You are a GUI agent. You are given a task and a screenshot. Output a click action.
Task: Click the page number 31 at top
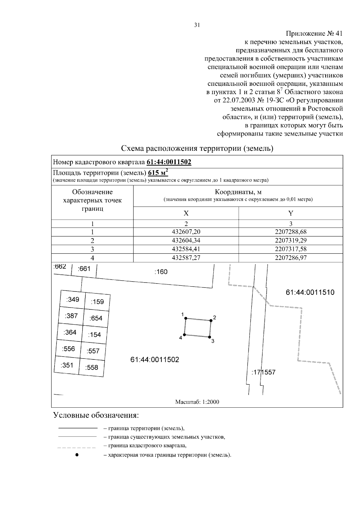[x=197, y=25]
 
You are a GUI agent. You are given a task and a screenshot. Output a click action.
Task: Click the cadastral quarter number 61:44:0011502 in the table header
[x=169, y=162]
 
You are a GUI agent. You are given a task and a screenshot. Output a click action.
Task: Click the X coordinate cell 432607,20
[x=186, y=232]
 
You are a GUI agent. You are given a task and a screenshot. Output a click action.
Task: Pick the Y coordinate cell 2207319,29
[x=290, y=240]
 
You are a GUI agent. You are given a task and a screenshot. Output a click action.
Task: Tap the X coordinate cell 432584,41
[x=186, y=249]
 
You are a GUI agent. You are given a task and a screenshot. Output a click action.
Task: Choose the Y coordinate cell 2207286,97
[x=290, y=258]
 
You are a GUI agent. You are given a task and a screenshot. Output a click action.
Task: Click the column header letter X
[x=186, y=213]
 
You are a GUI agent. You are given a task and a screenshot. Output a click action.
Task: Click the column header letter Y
[x=290, y=213]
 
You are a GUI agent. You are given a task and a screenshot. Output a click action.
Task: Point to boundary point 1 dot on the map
[x=186, y=318]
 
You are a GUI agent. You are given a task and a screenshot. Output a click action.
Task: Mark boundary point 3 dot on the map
[x=210, y=337]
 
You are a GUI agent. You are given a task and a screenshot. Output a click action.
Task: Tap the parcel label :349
[x=73, y=299]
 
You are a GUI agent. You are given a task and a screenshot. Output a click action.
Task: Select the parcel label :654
[x=96, y=318]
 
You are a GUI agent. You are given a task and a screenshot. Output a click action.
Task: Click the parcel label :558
[x=91, y=367]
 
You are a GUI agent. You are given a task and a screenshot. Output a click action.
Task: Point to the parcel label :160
[x=161, y=272]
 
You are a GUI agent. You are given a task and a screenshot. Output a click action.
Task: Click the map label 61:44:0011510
[x=310, y=292]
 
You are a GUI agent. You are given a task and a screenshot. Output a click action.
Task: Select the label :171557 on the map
[x=263, y=373]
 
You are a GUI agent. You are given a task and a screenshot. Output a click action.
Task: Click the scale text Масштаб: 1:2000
[x=197, y=402]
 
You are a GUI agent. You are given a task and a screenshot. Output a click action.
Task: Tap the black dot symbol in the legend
[x=77, y=455]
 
